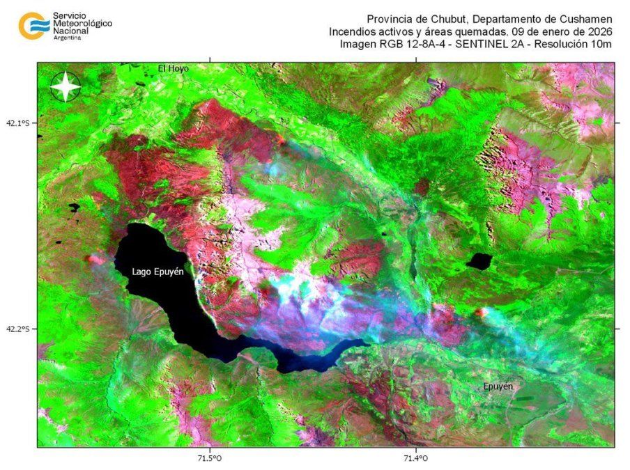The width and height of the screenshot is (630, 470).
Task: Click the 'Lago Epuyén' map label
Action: [x=157, y=272]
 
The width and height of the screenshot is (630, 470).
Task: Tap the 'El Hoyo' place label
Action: [x=173, y=68]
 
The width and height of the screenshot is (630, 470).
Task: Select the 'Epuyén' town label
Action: [x=498, y=386]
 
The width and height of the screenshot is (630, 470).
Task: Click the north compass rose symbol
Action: [x=66, y=87]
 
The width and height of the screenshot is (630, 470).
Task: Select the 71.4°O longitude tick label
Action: [x=415, y=457]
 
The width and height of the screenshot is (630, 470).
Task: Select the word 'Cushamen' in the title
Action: [x=588, y=19]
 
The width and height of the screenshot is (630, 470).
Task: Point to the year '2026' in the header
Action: [x=598, y=31]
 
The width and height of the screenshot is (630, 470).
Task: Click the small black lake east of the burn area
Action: [x=479, y=261]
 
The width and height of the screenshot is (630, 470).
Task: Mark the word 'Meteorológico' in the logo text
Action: [x=83, y=23]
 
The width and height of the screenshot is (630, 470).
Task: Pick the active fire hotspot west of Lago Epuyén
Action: [x=92, y=259]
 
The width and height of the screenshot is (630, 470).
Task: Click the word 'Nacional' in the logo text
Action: [x=71, y=31]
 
